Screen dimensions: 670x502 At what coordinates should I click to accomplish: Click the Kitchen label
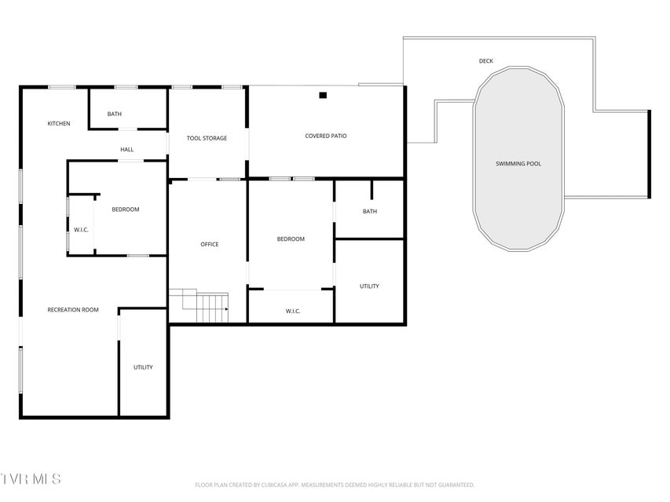point(59,124)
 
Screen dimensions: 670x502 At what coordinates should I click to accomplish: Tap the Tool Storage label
point(207,138)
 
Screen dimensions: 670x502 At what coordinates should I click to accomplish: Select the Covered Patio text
point(326,136)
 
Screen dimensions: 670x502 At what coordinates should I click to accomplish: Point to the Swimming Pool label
point(518,163)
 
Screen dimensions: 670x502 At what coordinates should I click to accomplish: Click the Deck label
point(486,61)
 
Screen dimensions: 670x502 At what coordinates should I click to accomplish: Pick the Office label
point(210,245)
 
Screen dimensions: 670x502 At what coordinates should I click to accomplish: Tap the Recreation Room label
point(73,310)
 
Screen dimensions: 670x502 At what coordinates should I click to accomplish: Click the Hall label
point(127,150)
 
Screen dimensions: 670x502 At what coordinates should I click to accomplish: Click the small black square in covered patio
point(323,96)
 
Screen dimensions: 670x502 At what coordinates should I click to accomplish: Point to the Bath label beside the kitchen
point(115,114)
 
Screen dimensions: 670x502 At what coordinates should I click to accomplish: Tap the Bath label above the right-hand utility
point(370,211)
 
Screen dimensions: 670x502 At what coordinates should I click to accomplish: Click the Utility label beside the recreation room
point(143,368)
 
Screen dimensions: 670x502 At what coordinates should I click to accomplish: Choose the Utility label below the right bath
point(369,286)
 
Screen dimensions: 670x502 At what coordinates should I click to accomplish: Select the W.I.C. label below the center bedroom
point(293,311)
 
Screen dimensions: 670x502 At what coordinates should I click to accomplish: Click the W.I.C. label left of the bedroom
point(81,230)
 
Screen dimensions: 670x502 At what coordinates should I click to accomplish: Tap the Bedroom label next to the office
point(291,239)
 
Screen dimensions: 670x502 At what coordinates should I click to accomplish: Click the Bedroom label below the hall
point(126,209)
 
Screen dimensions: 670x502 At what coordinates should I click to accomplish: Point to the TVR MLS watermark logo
point(31,479)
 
